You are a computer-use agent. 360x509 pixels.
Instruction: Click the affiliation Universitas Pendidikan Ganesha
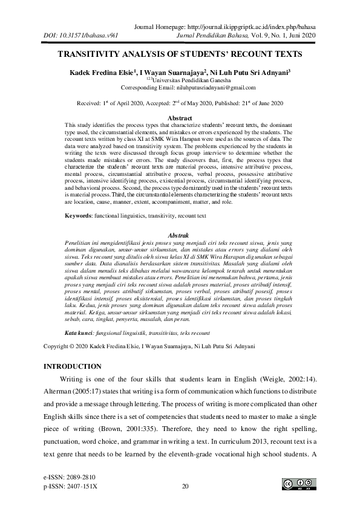pos(182,79)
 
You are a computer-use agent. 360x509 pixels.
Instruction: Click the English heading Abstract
pos(179,118)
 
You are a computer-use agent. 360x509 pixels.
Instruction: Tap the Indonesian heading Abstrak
pos(179,234)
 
